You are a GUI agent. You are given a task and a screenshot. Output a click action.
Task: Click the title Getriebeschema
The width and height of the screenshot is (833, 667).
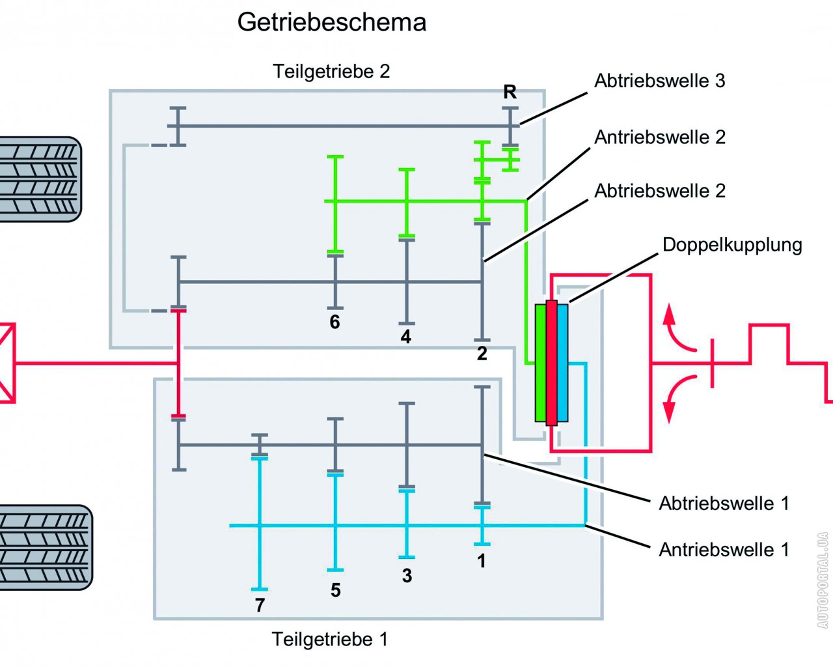331,22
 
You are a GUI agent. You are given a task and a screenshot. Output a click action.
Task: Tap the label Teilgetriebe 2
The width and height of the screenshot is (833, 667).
331,71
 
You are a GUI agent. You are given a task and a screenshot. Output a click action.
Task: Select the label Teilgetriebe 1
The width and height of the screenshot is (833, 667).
330,639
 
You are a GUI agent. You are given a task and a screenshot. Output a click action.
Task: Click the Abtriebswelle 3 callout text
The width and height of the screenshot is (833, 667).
659,81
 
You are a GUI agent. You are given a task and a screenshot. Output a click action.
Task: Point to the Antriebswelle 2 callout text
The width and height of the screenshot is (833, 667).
660,137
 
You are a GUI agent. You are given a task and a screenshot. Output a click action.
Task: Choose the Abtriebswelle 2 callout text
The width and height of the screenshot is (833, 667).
660,191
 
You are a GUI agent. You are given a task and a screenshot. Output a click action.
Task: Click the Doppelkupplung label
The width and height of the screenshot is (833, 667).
732,245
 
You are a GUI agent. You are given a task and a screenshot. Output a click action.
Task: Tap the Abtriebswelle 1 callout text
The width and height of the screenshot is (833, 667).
724,504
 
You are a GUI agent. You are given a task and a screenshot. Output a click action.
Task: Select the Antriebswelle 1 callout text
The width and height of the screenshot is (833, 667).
724,550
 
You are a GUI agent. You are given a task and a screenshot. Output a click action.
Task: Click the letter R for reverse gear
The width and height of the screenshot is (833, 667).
510,92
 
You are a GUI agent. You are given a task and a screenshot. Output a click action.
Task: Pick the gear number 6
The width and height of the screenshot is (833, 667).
335,322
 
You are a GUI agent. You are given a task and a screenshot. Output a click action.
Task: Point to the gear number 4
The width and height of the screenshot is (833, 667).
406,337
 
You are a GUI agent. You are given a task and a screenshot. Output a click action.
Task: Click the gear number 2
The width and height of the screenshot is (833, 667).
482,354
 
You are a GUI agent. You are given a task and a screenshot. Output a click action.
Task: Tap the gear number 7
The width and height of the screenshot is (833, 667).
260,605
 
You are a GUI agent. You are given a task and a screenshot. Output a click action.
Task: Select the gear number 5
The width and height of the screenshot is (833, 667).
335,590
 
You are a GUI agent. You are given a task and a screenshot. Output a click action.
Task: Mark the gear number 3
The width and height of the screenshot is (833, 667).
407,575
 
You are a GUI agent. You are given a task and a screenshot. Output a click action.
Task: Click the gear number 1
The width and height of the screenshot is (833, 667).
482,560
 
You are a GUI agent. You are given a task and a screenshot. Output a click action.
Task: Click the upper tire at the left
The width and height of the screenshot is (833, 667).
39,179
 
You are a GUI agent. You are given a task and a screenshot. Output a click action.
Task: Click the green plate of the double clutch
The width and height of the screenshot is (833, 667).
540,363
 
